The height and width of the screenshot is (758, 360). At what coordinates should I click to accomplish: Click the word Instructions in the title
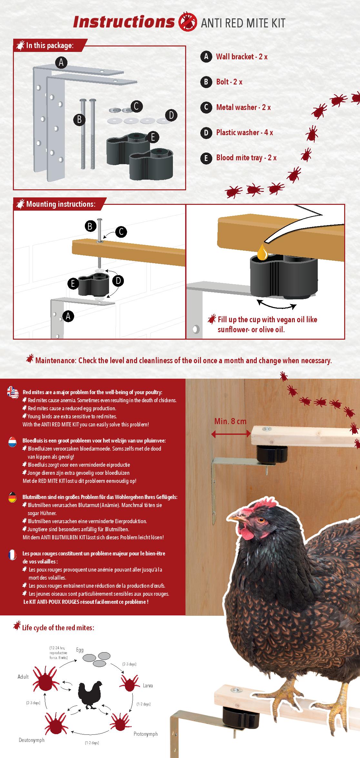124,22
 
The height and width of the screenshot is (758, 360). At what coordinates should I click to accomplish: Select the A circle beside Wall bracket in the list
206,57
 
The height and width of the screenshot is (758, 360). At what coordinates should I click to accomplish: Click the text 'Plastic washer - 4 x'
245,133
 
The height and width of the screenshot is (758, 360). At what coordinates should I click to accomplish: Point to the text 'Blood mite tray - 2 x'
246,158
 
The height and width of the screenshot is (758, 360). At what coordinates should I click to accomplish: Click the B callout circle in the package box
79,120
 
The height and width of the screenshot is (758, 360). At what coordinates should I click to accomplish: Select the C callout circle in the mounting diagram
121,232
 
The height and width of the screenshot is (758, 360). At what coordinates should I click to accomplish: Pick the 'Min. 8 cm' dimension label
230,421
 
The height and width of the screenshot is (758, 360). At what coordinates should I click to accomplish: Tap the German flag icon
13,497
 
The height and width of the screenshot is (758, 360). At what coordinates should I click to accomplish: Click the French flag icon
13,555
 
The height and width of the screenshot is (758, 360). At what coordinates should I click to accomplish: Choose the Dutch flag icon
13,442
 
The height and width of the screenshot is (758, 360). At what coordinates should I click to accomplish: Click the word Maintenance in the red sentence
55,361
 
